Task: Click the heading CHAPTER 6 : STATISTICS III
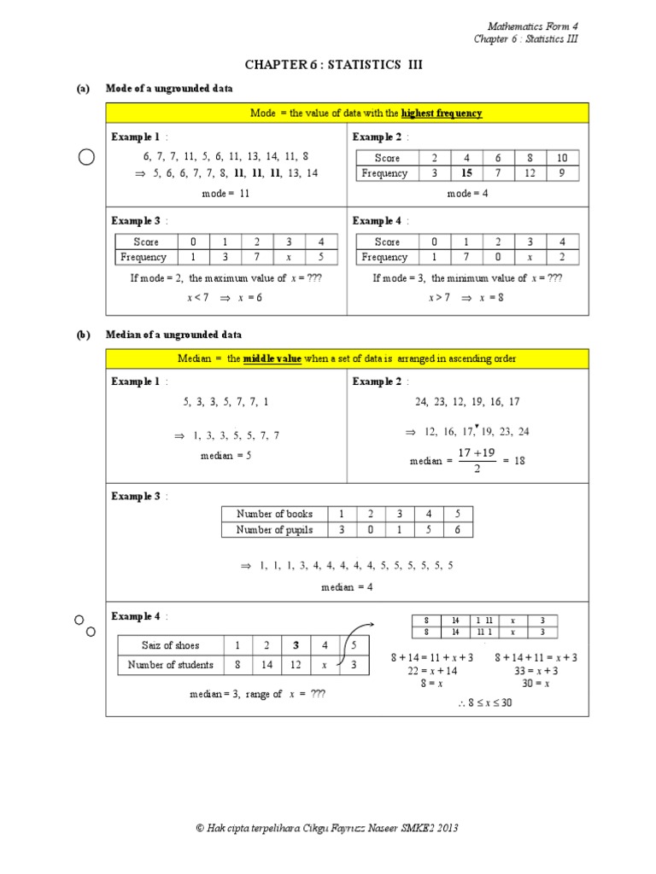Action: click(x=333, y=65)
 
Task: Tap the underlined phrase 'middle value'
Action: click(x=272, y=358)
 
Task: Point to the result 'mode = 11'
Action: click(x=226, y=194)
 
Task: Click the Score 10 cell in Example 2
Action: click(x=561, y=158)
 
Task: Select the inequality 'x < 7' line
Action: click(x=197, y=298)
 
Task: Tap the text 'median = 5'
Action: click(x=226, y=456)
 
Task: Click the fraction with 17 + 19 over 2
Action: click(x=477, y=460)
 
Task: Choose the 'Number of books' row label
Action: click(x=274, y=514)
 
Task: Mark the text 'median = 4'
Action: click(x=347, y=587)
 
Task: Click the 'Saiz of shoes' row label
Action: click(x=170, y=645)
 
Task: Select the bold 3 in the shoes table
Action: click(x=296, y=645)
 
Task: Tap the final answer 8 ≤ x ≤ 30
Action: click(x=483, y=702)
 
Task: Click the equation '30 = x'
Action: click(x=536, y=684)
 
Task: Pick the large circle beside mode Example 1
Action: click(x=86, y=157)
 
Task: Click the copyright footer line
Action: click(x=327, y=828)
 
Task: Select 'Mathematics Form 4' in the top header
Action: click(x=538, y=26)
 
